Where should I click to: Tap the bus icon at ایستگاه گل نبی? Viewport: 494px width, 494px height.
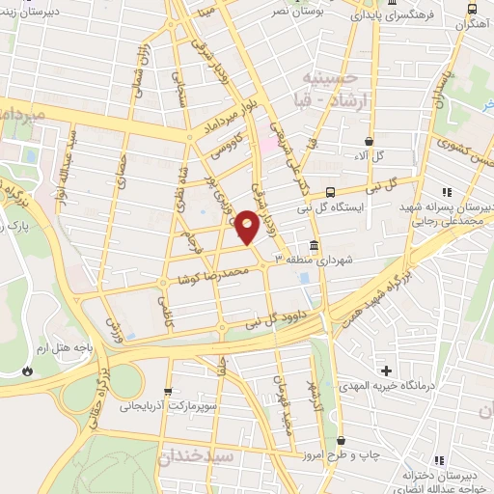pos(331,191)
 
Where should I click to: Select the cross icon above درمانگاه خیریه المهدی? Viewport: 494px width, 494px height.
pos(386,370)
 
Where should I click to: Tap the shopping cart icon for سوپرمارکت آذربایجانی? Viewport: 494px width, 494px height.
pos(170,393)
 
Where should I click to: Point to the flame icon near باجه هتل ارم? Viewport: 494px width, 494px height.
pos(26,370)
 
